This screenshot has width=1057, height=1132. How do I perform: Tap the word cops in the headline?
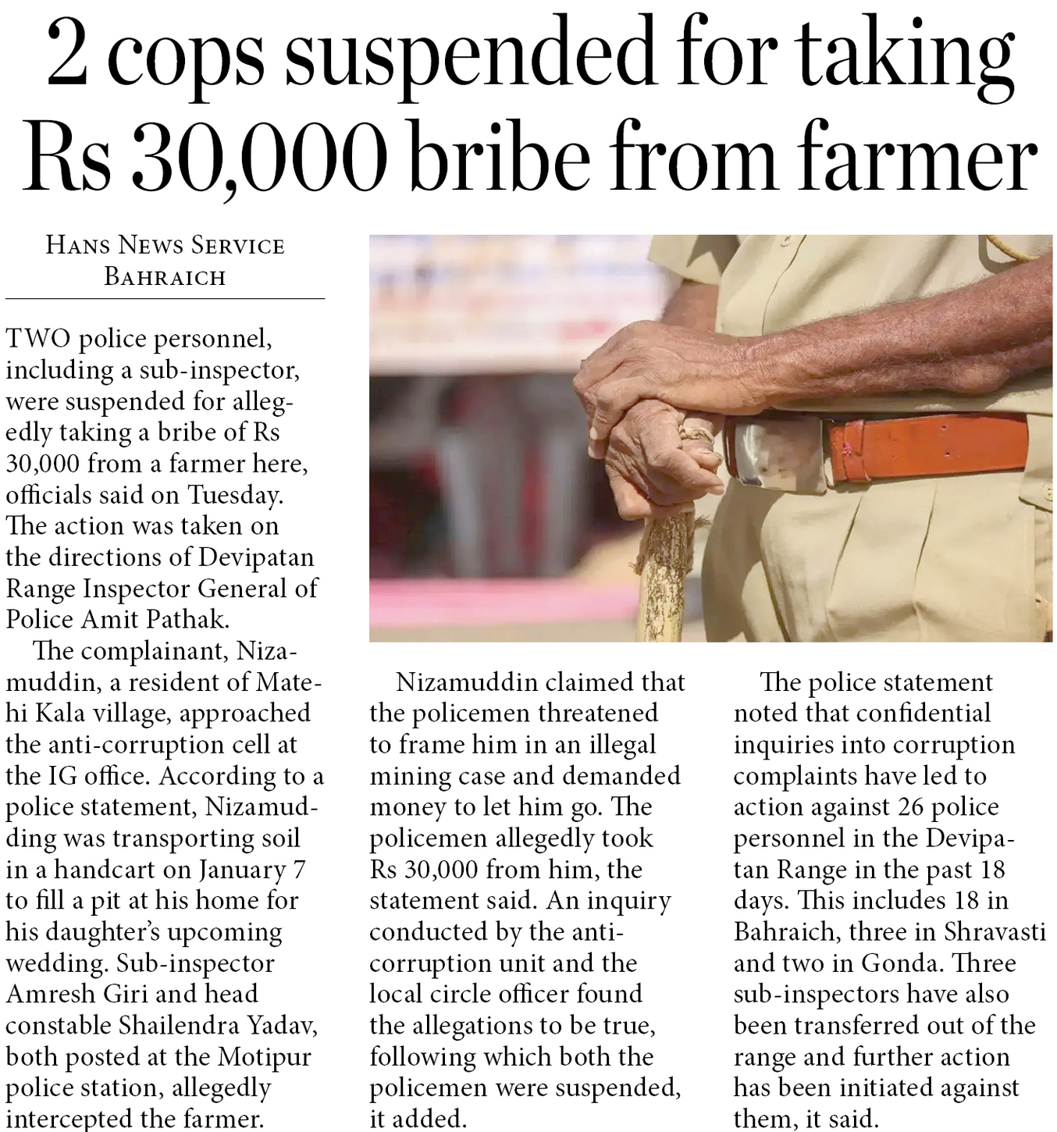[x=187, y=59]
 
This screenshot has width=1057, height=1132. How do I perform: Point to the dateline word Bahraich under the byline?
[x=165, y=277]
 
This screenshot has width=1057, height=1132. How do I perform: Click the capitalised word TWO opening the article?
[x=38, y=339]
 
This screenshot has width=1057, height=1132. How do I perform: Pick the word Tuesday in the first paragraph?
[x=233, y=495]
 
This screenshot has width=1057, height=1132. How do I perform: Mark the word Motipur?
[x=265, y=1056]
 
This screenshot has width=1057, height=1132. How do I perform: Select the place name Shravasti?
[x=994, y=931]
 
